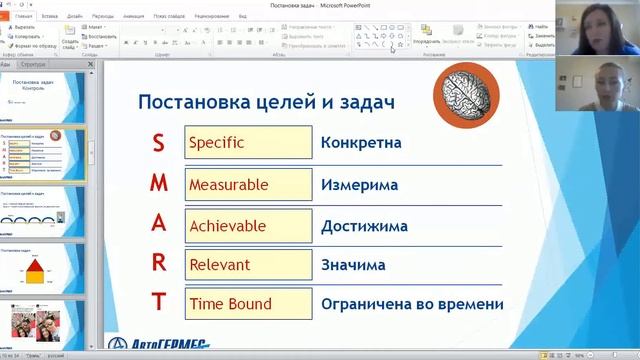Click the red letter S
pyautogui.click(x=158, y=142)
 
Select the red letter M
pyautogui.click(x=158, y=185)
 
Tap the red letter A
pyautogui.click(x=158, y=224)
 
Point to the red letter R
pyautogui.click(x=158, y=264)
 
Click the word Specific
pyautogui.click(x=217, y=142)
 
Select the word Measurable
pyautogui.click(x=229, y=185)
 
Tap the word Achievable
pyautogui.click(x=228, y=225)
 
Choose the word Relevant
pyautogui.click(x=220, y=265)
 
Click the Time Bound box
pyautogui.click(x=247, y=303)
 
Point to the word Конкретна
pyautogui.click(x=361, y=142)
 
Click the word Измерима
pyautogui.click(x=359, y=185)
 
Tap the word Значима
pyautogui.click(x=353, y=265)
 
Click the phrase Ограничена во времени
pyautogui.click(x=412, y=304)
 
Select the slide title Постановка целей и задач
pyautogui.click(x=265, y=102)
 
